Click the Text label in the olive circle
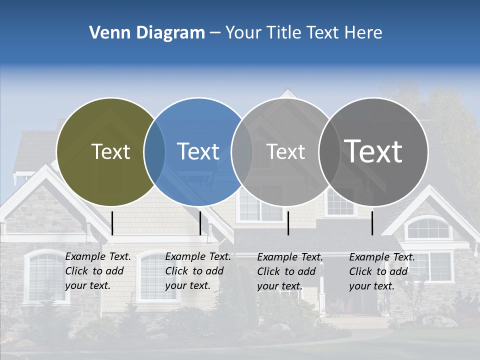coord(110,151)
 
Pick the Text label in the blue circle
coord(198,151)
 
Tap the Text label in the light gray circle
coord(285,151)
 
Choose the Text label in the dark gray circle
coord(373,151)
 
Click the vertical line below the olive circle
coord(112,223)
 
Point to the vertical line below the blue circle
coord(200,223)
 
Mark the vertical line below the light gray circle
coord(288,223)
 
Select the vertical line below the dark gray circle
coord(372,223)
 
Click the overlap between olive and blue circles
coord(154,152)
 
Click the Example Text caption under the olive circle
coord(97,271)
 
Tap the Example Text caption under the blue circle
coord(197,271)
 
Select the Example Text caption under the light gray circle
coord(289,271)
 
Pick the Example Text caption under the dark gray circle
coord(381,271)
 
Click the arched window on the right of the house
coord(427,228)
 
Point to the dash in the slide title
coord(215,33)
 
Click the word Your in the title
coord(243,33)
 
